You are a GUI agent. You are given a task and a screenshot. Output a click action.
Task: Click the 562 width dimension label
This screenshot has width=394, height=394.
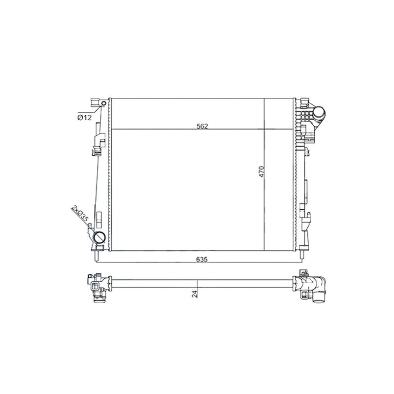tap(202, 127)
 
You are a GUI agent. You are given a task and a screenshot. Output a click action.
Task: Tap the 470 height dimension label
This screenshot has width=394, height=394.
tap(262, 171)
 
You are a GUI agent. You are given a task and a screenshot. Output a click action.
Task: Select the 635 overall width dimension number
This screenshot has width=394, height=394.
tap(202, 260)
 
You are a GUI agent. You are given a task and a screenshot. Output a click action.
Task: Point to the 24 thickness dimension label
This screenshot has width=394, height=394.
tap(195, 294)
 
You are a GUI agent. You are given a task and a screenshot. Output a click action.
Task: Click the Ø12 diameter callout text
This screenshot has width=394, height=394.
tap(85, 117)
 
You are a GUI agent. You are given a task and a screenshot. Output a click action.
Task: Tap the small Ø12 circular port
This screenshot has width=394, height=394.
tap(103, 103)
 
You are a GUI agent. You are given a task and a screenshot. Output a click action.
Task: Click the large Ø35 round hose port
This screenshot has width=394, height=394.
tap(99, 237)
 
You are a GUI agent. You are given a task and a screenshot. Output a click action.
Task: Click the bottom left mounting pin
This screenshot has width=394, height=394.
tap(97, 256)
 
